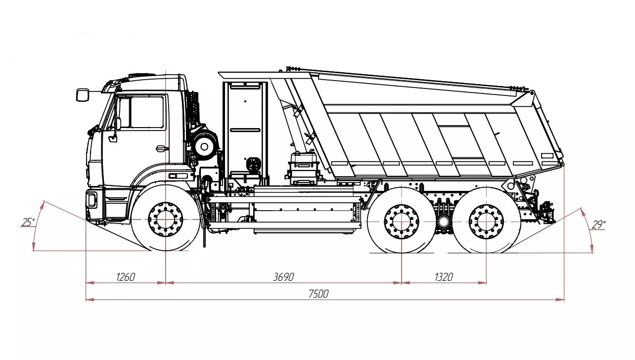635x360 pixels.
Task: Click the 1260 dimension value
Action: pyautogui.click(x=125, y=277)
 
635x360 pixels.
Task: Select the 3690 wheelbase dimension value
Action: pyautogui.click(x=283, y=277)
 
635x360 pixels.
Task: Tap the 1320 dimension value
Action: pyautogui.click(x=444, y=277)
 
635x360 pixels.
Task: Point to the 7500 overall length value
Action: pyautogui.click(x=318, y=294)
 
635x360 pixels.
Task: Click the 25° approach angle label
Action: pyautogui.click(x=28, y=223)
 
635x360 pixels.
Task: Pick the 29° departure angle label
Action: pyautogui.click(x=598, y=225)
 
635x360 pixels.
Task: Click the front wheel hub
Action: pyautogui.click(x=165, y=219)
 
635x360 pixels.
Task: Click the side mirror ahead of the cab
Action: pyautogui.click(x=82, y=94)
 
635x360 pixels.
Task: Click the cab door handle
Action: pyautogui.click(x=161, y=148)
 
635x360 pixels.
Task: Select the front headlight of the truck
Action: pyautogui.click(x=91, y=200)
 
